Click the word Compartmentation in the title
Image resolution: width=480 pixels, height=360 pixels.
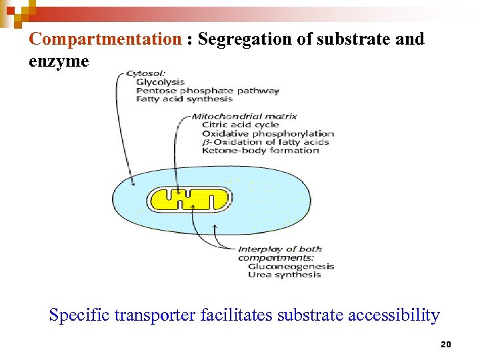coord(105,39)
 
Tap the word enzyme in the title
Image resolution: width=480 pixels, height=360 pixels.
coord(59,61)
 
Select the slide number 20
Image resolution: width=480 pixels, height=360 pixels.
coord(446,345)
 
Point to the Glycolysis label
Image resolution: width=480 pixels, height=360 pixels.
coord(160,82)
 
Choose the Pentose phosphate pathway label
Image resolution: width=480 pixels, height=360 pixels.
coord(207,91)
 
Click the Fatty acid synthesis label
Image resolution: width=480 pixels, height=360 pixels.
coord(184,99)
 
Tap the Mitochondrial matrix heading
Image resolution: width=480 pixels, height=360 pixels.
coord(244,116)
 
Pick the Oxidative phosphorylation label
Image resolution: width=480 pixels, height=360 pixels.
coord(267,133)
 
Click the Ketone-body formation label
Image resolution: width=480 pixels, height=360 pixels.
coord(260,151)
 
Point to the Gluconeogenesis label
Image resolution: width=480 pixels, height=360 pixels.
coord(291,267)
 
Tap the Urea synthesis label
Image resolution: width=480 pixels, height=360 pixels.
coord(284,275)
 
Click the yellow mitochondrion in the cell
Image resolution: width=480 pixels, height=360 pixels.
coord(189,199)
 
